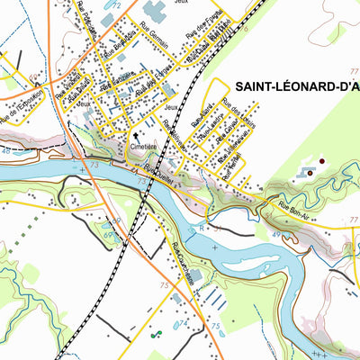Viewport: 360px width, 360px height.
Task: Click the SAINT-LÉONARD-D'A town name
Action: (297, 86)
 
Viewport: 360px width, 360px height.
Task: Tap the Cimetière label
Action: (143, 143)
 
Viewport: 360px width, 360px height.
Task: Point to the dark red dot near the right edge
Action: (323, 161)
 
